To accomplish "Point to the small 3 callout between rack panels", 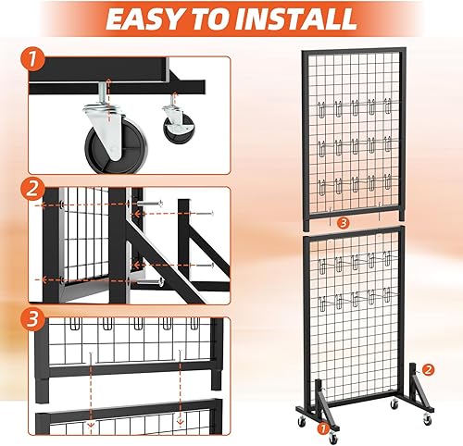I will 343,222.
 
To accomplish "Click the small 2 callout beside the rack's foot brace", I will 427,369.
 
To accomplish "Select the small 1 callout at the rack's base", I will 323,428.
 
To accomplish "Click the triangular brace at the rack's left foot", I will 310,392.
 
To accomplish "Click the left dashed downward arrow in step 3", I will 90,389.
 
